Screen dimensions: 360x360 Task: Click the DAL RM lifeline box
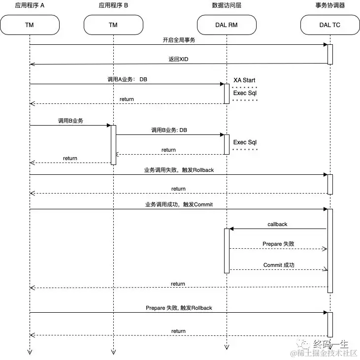(227, 24)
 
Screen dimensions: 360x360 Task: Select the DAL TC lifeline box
(330, 24)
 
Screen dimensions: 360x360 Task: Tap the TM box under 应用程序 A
(30, 24)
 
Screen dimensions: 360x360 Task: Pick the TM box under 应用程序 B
(113, 24)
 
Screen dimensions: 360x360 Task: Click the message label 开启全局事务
(178, 40)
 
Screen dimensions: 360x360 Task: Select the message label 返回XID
(178, 59)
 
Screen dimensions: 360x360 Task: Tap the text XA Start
(244, 80)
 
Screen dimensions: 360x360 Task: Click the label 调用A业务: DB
(127, 79)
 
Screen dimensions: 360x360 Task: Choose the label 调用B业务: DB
(169, 130)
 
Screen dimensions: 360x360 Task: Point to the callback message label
(277, 224)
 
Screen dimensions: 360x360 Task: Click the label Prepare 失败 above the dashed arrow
(278, 244)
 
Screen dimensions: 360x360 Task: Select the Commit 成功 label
(279, 265)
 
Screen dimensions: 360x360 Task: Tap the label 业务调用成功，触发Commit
(178, 204)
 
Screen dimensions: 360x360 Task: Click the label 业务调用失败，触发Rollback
(178, 170)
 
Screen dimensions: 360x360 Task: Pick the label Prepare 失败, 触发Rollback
(178, 308)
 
